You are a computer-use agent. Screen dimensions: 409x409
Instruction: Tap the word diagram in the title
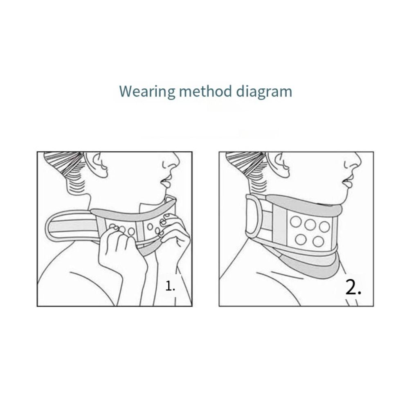point(264,91)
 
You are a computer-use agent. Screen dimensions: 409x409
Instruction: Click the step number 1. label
point(170,286)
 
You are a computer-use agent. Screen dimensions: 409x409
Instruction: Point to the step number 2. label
point(353,288)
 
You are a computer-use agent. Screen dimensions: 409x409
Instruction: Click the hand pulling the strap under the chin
point(117,252)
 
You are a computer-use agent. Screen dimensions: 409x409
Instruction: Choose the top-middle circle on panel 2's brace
point(310,224)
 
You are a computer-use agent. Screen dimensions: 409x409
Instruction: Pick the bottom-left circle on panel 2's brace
point(301,240)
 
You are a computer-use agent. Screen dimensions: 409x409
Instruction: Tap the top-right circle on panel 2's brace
point(324,226)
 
